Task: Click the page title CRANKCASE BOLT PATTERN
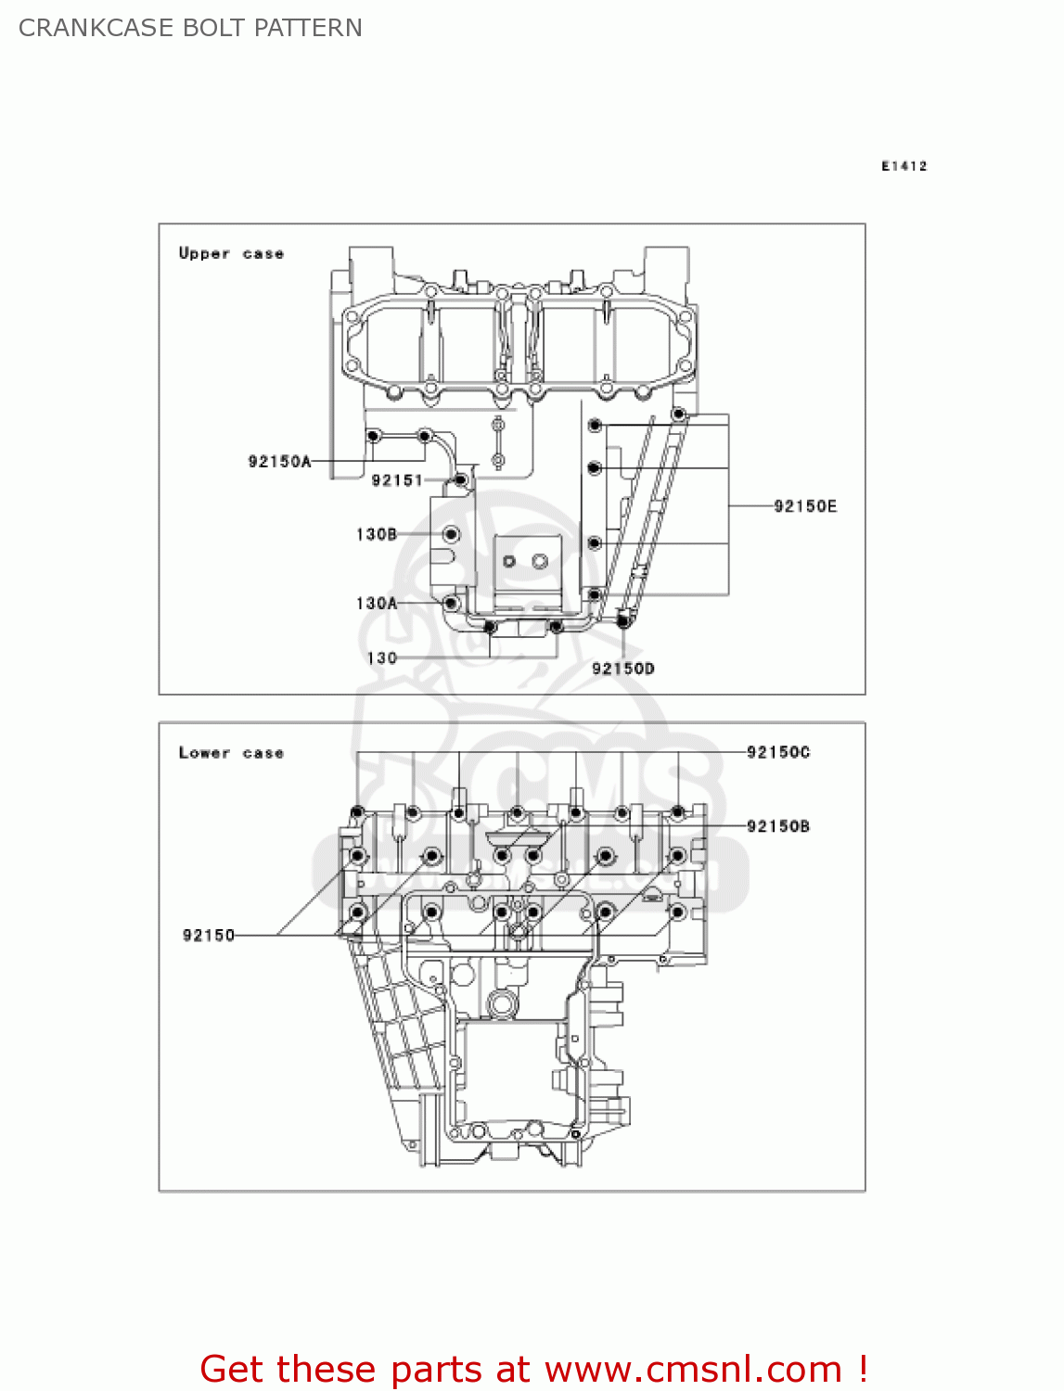point(190,28)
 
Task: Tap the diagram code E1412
point(904,166)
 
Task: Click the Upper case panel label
point(231,253)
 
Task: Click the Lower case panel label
point(231,753)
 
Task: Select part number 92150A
point(279,462)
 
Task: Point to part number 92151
point(397,480)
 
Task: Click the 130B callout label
point(377,534)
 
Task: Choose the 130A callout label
point(377,604)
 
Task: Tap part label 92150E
point(805,506)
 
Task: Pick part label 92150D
point(623,669)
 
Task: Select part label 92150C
point(778,752)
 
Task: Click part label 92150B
point(778,826)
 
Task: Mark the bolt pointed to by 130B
point(452,534)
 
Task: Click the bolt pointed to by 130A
point(452,603)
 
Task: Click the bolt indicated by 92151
point(460,479)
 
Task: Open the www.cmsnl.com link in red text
point(693,1370)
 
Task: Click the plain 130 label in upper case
point(382,658)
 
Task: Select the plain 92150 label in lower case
point(209,936)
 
